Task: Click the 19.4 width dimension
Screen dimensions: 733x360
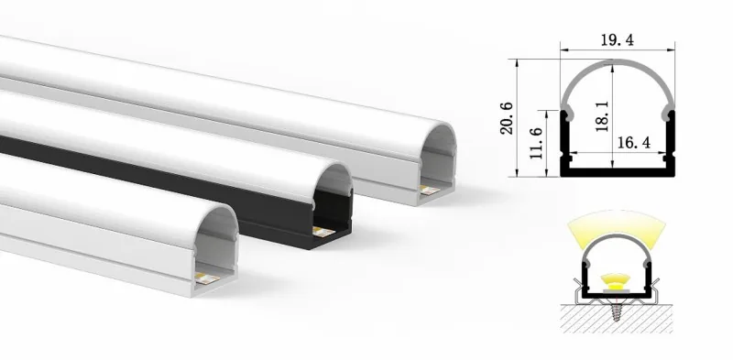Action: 617,40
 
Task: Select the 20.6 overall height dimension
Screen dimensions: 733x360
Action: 507,118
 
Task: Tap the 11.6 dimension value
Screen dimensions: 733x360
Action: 537,143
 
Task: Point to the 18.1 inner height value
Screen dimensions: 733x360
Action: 602,116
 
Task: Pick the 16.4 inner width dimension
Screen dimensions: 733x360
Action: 634,143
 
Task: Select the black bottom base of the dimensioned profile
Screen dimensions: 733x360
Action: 617,172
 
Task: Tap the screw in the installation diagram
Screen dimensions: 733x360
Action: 617,311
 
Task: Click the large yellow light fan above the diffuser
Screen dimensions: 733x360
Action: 616,224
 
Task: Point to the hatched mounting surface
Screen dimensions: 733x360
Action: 616,319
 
